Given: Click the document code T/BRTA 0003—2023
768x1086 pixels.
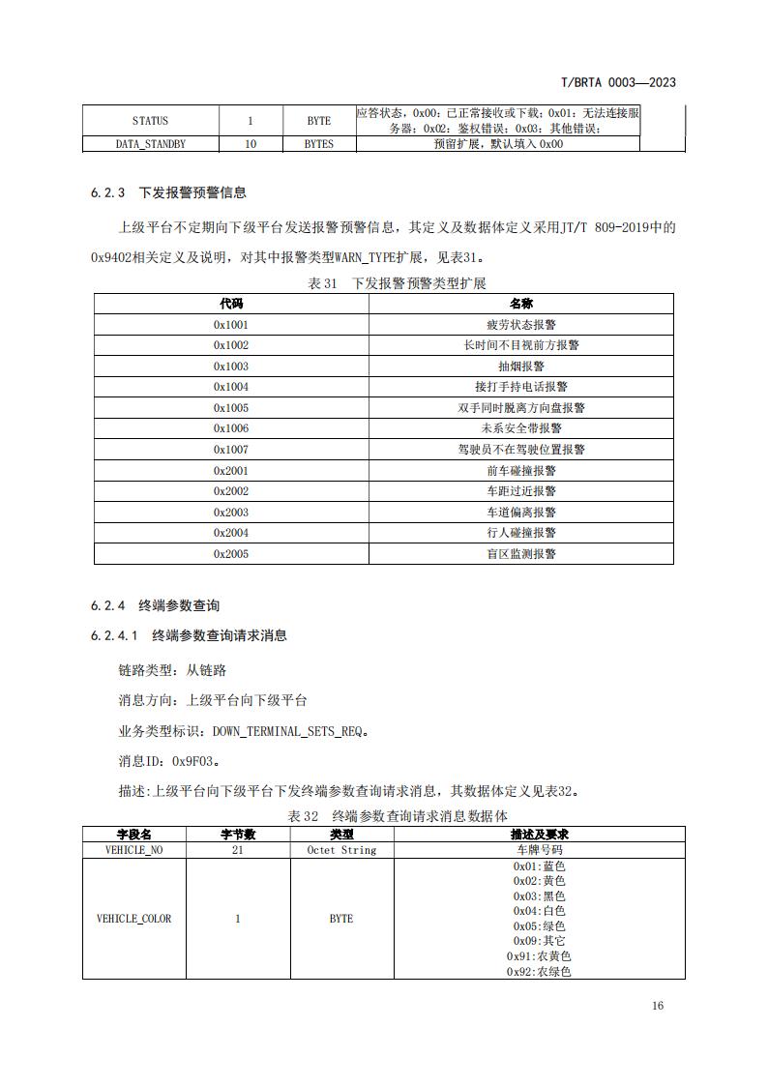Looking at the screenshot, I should [618, 82].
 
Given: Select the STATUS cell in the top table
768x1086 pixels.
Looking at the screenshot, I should [150, 121].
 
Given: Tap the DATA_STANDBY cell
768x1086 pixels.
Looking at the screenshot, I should [150, 143].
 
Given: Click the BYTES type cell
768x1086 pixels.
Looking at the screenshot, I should [318, 143].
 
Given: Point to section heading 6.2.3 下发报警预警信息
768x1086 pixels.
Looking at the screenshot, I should [168, 192].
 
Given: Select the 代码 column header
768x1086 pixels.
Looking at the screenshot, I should [231, 304].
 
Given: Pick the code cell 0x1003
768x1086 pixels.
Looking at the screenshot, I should [231, 367].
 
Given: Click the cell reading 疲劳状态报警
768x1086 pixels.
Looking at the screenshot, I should [520, 325].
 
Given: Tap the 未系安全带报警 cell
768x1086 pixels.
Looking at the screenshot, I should [520, 428].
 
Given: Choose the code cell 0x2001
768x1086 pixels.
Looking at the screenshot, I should [231, 471].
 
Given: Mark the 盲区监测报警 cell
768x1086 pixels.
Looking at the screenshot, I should [520, 554].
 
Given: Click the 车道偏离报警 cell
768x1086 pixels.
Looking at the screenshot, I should [520, 513].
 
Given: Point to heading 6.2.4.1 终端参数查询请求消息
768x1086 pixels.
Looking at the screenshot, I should [189, 635].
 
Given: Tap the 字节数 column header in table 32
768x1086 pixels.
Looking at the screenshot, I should [238, 835].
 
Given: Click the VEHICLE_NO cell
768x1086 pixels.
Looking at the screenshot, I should [134, 850].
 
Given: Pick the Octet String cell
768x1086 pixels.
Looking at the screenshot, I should [341, 850].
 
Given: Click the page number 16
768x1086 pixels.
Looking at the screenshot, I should [658, 1006].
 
